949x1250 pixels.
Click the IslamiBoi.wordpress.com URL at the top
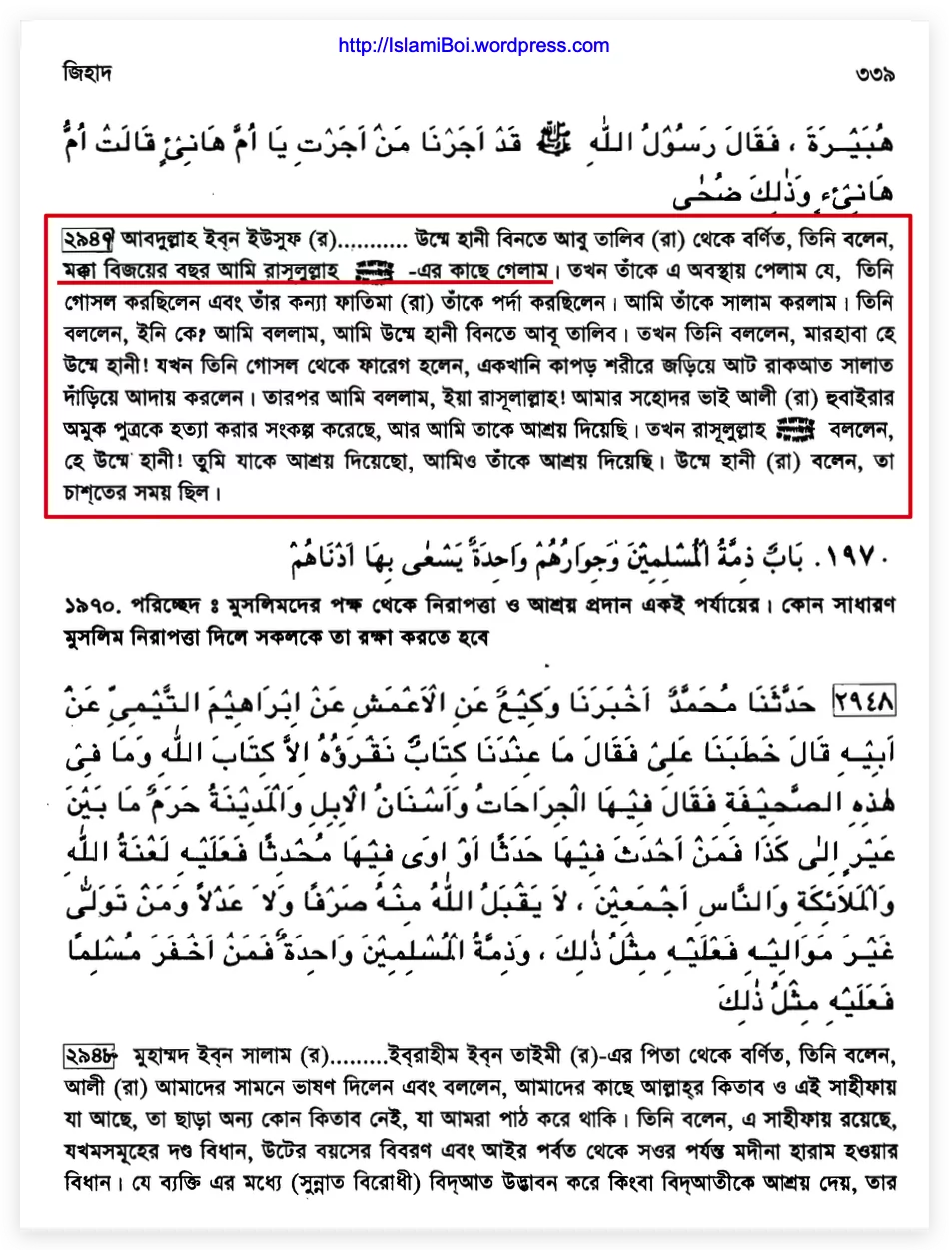pos(474,46)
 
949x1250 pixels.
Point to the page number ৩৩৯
pos(874,74)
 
